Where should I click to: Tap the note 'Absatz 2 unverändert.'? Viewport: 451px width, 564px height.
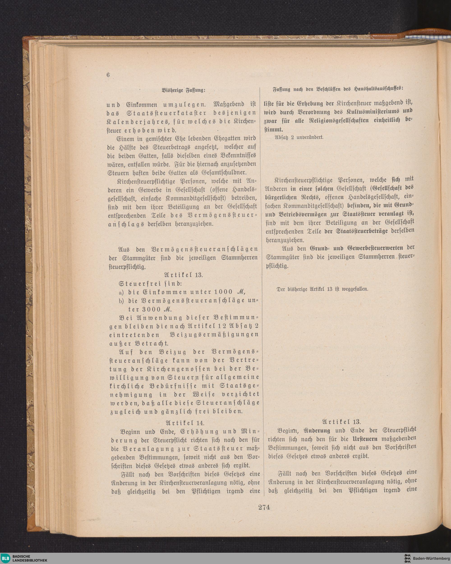(299, 137)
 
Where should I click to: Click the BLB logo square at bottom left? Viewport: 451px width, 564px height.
(5, 558)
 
